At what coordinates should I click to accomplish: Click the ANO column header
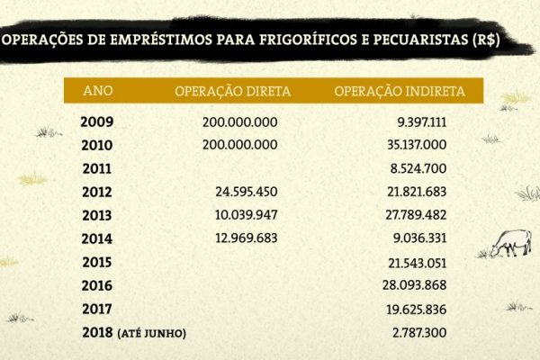97,91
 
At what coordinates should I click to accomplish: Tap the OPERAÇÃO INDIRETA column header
399,91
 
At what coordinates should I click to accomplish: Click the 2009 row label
96,121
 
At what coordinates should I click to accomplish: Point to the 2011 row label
96,168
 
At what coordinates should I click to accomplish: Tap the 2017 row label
96,310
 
